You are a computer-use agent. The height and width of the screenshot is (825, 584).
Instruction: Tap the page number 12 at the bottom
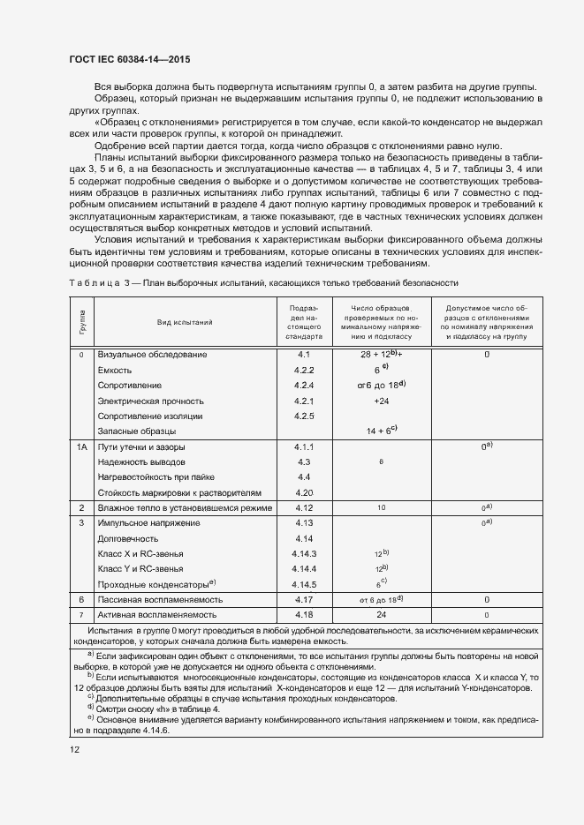(x=75, y=749)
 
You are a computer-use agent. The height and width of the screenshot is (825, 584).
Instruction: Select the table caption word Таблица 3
(x=99, y=282)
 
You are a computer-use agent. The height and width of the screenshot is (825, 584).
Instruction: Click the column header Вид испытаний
(x=186, y=323)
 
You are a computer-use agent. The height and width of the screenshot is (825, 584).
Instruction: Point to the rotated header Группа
(x=81, y=323)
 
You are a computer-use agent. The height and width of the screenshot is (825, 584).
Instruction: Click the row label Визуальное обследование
(x=152, y=354)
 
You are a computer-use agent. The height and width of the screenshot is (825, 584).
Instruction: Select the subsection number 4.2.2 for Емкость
(x=304, y=370)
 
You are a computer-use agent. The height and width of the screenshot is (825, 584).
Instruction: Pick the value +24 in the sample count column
(x=382, y=400)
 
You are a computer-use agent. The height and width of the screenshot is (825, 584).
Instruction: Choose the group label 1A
(x=80, y=447)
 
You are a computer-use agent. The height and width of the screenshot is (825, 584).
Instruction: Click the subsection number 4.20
(x=304, y=491)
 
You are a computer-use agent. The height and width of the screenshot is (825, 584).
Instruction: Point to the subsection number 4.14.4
(x=304, y=568)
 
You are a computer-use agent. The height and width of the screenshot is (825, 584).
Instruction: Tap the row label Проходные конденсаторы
(x=155, y=584)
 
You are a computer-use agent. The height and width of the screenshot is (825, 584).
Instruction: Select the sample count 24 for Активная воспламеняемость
(x=382, y=614)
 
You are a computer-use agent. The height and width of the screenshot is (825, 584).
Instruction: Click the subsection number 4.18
(x=304, y=614)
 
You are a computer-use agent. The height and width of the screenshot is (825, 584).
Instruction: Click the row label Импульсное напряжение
(x=151, y=523)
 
